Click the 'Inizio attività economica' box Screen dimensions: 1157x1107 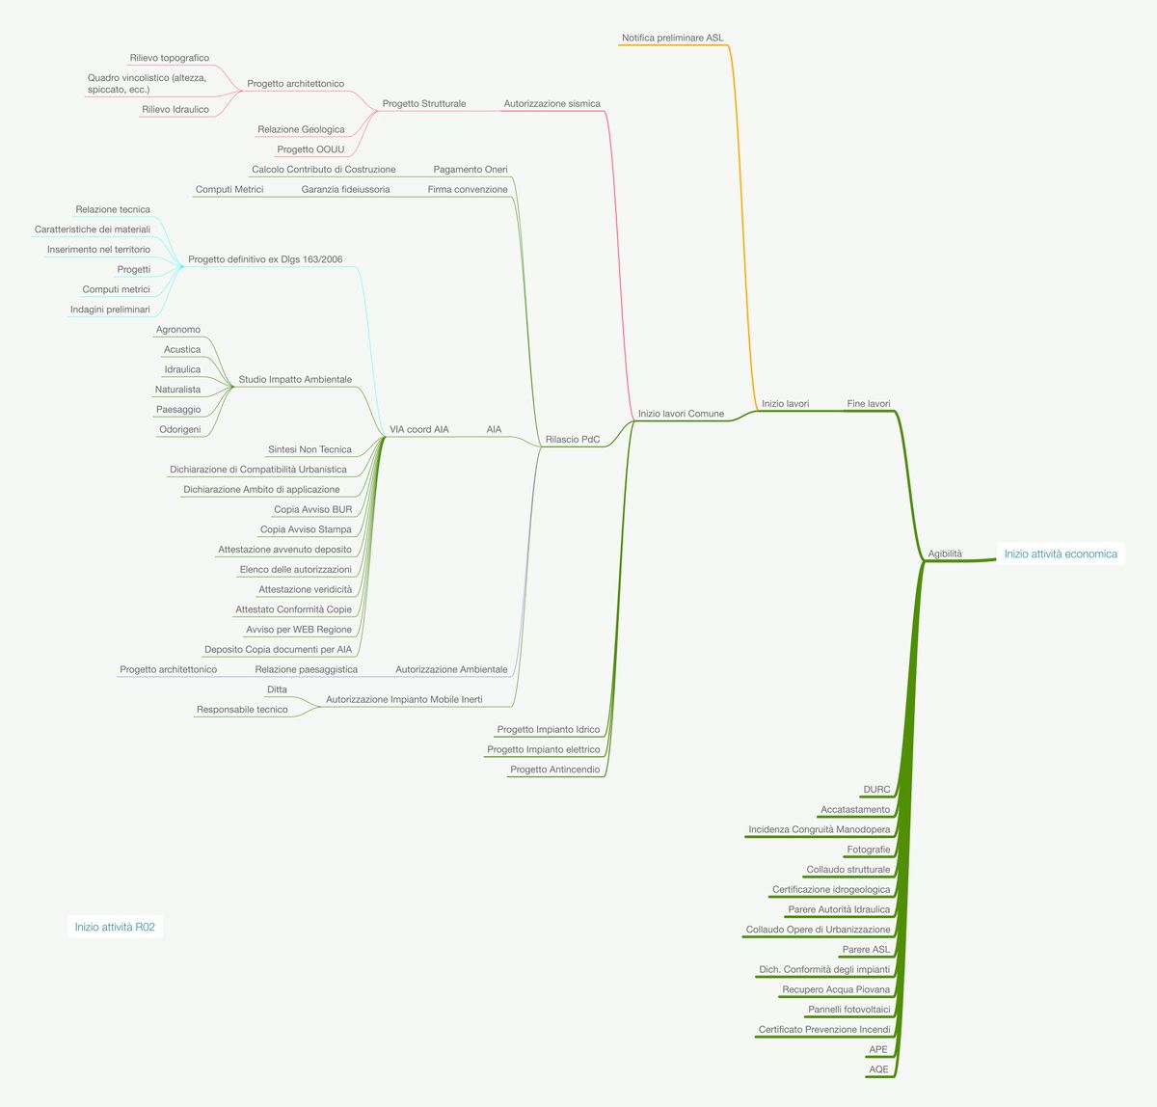pos(1060,553)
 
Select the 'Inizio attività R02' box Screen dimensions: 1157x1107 pos(115,927)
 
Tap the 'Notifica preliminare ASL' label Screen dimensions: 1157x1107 pos(672,38)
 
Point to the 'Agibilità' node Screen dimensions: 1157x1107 pos(945,553)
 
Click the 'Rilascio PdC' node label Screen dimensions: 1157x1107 pos(573,440)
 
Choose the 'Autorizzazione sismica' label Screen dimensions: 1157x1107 pos(552,103)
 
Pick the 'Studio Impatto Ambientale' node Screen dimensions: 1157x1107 pos(295,379)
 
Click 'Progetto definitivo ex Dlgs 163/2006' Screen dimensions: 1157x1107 pos(265,259)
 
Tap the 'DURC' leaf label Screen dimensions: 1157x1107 pos(876,790)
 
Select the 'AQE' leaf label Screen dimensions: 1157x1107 pos(878,1069)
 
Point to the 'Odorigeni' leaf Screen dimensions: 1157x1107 pos(179,429)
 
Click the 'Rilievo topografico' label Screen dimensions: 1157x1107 pos(170,58)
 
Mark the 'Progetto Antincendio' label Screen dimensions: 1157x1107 pos(554,769)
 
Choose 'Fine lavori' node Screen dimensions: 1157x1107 pos(869,404)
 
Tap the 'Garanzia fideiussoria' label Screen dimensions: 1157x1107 pos(345,189)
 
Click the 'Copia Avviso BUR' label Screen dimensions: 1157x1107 pos(312,509)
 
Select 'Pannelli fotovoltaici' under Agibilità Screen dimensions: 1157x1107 pos(849,1010)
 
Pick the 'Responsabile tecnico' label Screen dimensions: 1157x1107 pos(242,710)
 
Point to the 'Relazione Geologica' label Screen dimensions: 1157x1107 pos(301,129)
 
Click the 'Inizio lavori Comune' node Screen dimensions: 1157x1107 pos(681,414)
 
